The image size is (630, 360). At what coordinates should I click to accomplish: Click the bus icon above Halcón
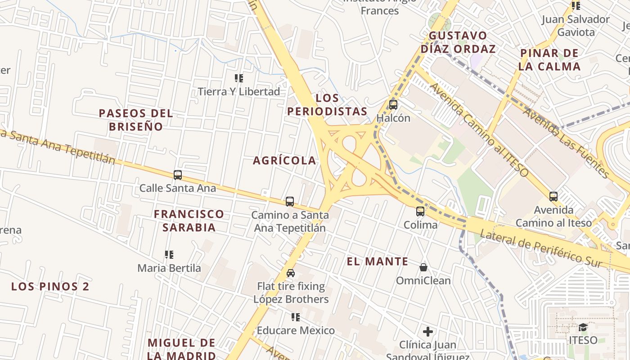point(393,105)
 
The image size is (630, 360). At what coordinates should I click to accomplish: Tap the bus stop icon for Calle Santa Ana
point(178,175)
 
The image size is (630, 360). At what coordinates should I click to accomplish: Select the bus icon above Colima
point(420,211)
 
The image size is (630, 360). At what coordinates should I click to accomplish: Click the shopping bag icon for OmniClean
point(423,267)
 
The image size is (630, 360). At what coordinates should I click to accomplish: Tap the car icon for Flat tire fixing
point(291,273)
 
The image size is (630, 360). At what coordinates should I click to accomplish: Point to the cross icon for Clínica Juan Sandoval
point(427,332)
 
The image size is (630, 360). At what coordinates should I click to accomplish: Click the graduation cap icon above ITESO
point(583,327)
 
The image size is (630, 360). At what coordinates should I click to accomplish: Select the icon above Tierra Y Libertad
point(239,78)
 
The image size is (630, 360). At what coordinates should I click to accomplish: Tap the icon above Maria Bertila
point(169,255)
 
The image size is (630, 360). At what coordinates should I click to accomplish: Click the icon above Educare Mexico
point(296,317)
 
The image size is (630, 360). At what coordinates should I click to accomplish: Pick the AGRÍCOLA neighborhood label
point(284,161)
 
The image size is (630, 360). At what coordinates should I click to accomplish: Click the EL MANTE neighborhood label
point(378,261)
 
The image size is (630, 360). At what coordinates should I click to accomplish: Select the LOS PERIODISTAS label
point(327,104)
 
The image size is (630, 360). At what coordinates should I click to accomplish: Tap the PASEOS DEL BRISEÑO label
point(136,120)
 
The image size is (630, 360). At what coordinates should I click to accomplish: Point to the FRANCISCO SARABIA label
point(189,220)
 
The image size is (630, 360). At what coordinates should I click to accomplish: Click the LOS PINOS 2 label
point(50,286)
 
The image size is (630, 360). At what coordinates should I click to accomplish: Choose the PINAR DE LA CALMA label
point(549,60)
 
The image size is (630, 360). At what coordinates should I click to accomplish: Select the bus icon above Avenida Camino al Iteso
point(553,197)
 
